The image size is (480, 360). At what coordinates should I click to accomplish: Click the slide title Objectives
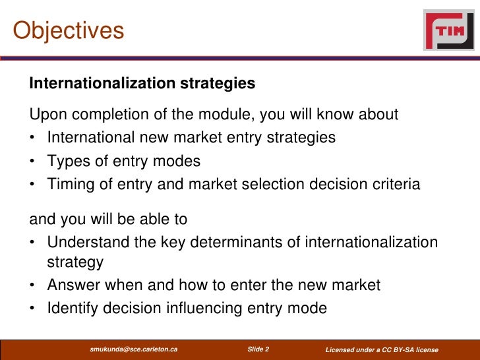coord(69,31)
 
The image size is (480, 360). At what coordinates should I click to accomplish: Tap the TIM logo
coord(448,30)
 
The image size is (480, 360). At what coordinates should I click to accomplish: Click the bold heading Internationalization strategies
coord(142,84)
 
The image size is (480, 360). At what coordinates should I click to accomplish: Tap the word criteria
coord(394,184)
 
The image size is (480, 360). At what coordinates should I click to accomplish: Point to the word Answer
coord(73,285)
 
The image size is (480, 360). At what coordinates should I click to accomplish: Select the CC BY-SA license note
coord(382,349)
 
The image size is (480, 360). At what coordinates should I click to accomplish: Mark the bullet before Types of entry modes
coord(33,162)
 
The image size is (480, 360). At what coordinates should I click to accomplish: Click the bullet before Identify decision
coord(33,309)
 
